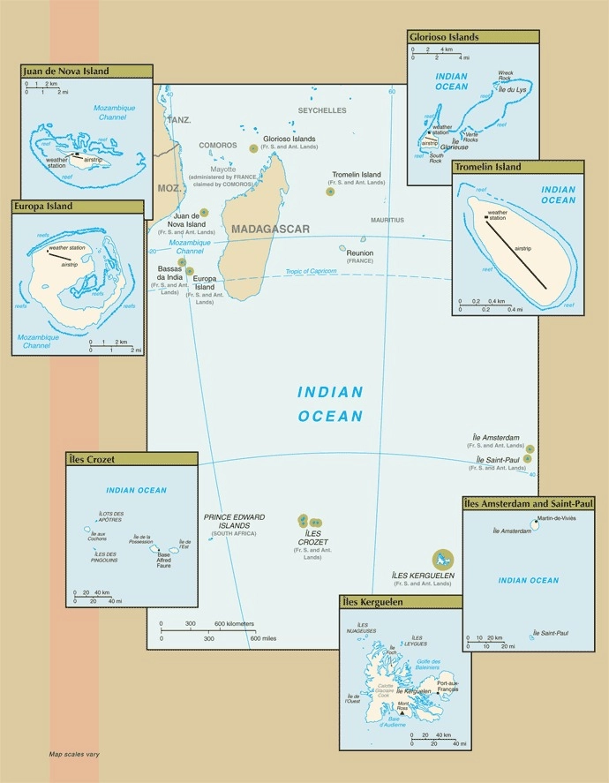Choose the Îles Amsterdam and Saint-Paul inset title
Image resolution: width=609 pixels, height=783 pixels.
click(x=529, y=503)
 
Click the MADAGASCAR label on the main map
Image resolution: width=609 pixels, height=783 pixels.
click(x=270, y=230)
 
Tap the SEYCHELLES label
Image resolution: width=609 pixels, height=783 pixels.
click(x=322, y=110)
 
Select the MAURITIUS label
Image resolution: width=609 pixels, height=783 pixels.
click(x=387, y=220)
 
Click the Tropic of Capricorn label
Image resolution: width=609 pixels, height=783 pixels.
click(x=311, y=272)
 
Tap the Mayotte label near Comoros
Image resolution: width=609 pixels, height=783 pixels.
click(x=224, y=168)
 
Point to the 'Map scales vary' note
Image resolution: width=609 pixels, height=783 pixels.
click(x=74, y=755)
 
